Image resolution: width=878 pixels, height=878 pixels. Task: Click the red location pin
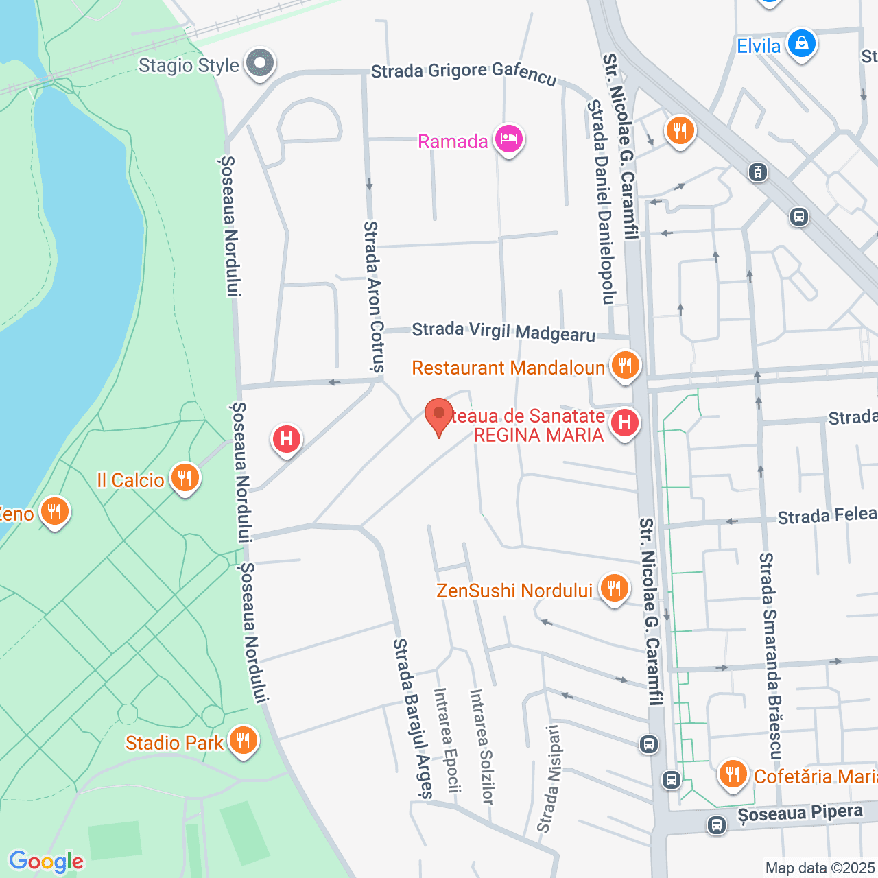(439, 416)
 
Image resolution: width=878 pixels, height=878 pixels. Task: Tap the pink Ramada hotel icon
(508, 140)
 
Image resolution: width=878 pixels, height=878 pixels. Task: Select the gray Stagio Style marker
(260, 64)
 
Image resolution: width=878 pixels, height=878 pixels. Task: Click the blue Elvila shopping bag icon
(800, 45)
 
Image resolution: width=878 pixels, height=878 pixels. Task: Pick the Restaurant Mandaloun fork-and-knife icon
(624, 366)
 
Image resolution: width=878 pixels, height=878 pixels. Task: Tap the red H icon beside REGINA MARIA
(624, 423)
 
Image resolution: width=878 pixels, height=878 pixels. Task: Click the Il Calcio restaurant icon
(185, 478)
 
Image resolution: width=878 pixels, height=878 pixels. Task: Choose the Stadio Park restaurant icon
(242, 741)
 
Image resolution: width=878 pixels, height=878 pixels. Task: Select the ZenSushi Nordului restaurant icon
(614, 589)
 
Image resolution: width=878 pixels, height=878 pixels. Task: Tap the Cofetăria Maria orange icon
(733, 774)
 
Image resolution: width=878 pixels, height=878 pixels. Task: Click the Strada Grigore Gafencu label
(464, 73)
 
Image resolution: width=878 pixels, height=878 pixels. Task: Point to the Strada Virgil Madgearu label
(503, 331)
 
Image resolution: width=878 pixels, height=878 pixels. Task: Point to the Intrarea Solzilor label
(481, 746)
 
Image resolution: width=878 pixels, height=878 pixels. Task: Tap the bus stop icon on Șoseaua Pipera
(717, 824)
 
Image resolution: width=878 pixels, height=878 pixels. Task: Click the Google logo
(46, 862)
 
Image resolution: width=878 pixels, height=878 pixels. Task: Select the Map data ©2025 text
(820, 868)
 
